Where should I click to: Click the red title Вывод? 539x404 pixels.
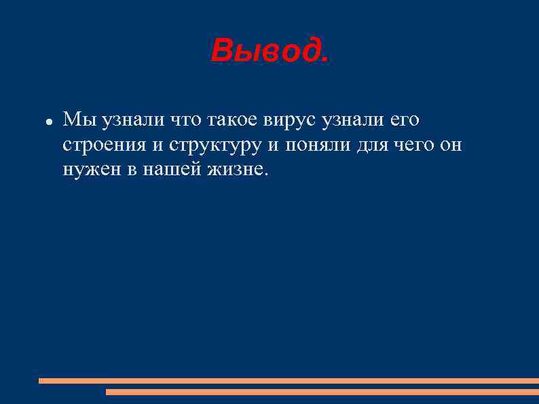[x=269, y=50]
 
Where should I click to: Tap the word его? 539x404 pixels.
[x=404, y=120]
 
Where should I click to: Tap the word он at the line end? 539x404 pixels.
[x=449, y=145]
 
